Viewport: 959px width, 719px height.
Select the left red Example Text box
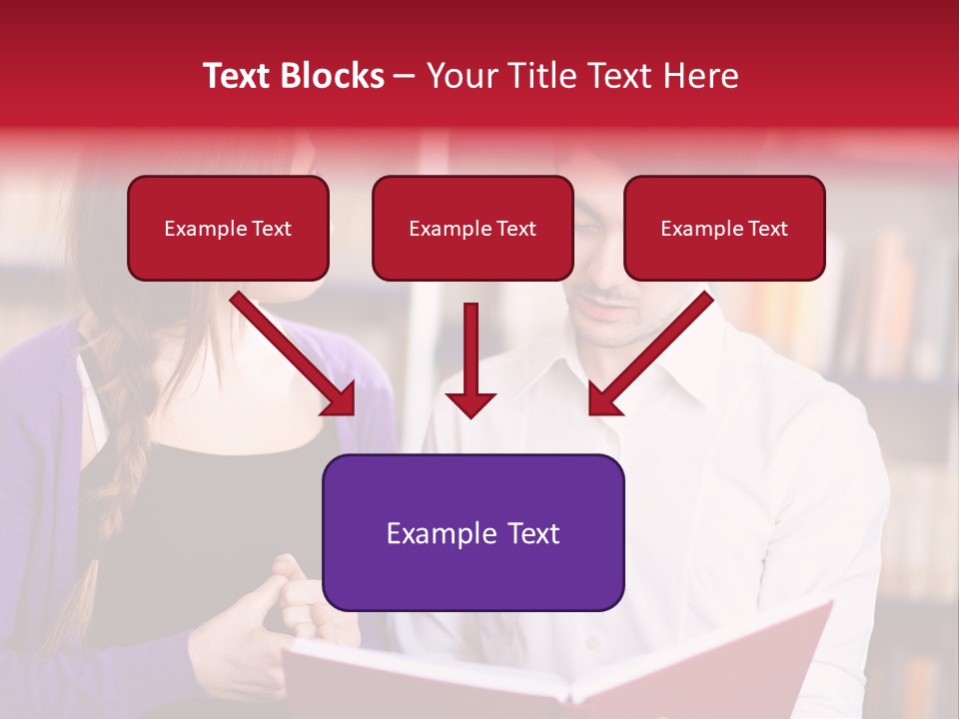coord(228,229)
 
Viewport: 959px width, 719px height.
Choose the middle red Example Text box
coord(473,229)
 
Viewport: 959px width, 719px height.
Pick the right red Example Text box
coord(724,229)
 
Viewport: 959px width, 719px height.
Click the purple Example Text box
coord(473,532)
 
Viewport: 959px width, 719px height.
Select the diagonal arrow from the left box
coord(295,355)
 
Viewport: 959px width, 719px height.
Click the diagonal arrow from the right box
coord(649,355)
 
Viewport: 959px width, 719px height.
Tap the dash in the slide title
coord(405,76)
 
